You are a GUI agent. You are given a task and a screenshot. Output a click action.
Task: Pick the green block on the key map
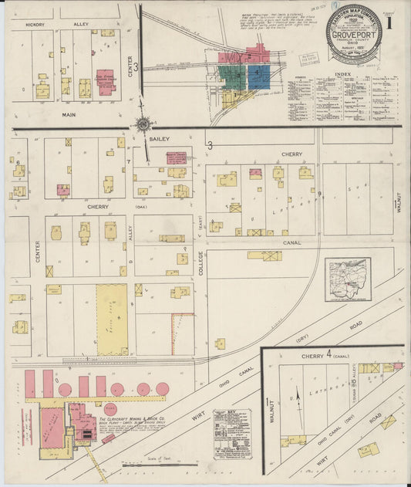[x=231, y=77]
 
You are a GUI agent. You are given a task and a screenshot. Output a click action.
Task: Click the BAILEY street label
[x=160, y=138]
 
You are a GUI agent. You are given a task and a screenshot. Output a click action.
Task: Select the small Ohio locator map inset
[x=349, y=279]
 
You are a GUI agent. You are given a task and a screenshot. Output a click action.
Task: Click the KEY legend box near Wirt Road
[x=231, y=433]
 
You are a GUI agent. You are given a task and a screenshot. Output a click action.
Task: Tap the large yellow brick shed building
[x=112, y=319]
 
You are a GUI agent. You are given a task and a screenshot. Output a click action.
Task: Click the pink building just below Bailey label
[x=177, y=157]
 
